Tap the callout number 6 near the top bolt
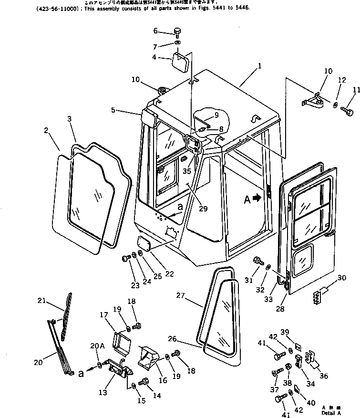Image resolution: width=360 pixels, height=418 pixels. pos(155,31)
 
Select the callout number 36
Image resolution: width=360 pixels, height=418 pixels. pos(324,376)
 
